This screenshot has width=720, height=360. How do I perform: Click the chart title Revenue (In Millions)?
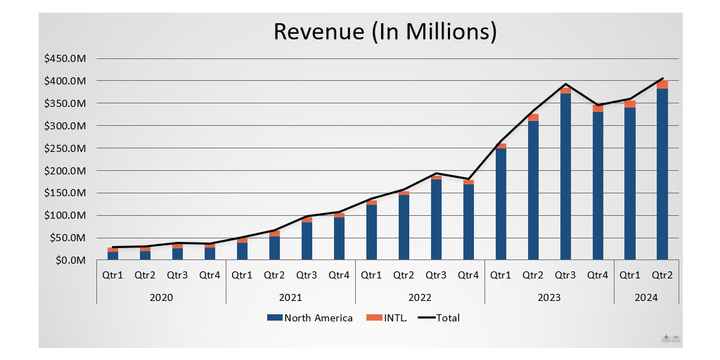(385, 32)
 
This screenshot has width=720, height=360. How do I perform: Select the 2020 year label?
(161, 297)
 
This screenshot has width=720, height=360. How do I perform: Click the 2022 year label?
(420, 297)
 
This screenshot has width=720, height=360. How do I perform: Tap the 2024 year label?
(646, 297)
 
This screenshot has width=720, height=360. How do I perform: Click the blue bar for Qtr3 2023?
(565, 176)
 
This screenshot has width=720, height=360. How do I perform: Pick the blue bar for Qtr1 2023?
(501, 204)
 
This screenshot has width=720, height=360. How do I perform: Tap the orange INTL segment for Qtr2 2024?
(662, 84)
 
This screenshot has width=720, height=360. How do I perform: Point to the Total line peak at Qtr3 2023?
(565, 84)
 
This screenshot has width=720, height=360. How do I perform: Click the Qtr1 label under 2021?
(242, 275)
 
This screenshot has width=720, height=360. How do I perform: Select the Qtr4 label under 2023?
(598, 275)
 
